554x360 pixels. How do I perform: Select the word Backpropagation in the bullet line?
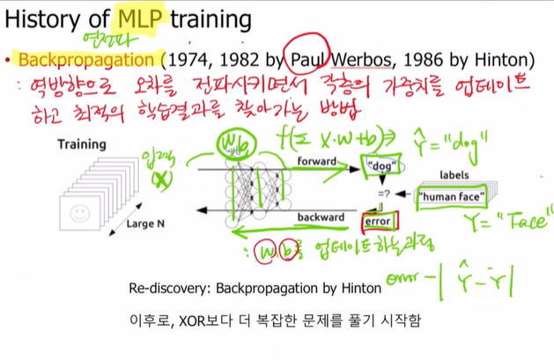coord(85,60)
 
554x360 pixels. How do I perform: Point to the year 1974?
coord(188,60)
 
